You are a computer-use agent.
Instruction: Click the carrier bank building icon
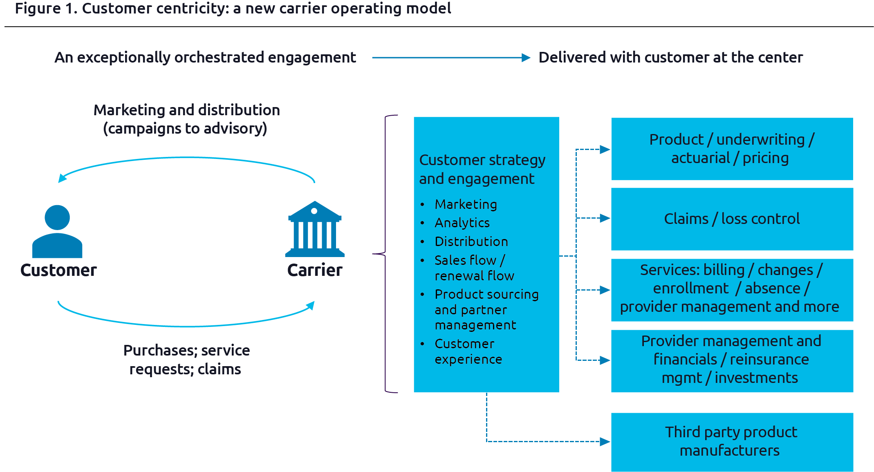point(314,229)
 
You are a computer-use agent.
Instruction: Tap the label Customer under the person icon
point(58,270)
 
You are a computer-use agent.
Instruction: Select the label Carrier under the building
point(315,270)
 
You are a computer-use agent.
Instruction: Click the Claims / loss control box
point(732,219)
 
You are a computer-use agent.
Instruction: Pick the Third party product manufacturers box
point(732,442)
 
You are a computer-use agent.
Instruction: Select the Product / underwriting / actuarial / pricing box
point(732,149)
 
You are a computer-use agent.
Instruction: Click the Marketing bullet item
point(466,204)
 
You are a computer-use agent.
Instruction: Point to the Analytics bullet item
point(462,223)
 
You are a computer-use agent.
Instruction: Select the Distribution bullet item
point(471,242)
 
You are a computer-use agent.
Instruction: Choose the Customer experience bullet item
point(468,351)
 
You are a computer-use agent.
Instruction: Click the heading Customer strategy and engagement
point(482,169)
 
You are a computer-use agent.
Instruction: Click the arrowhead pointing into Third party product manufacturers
point(605,441)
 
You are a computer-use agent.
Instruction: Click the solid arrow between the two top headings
point(450,58)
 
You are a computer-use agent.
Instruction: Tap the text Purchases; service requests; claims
point(186,360)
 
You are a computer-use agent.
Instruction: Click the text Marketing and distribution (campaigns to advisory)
point(186,119)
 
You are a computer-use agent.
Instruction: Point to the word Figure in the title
point(38,8)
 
